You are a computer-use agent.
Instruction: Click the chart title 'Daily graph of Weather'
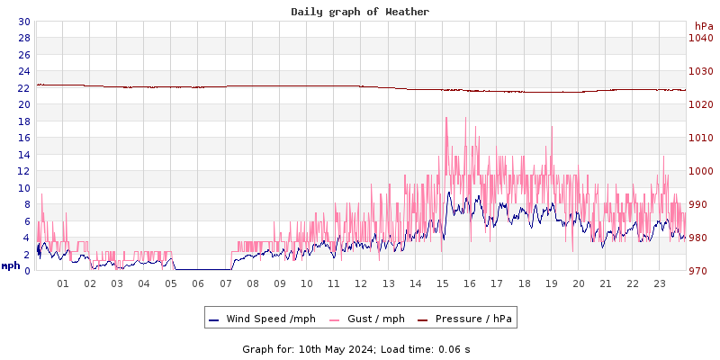click(359, 12)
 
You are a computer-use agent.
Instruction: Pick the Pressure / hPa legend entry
click(473, 319)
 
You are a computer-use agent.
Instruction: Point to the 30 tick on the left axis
click(23, 22)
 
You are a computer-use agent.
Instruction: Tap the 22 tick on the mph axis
click(23, 87)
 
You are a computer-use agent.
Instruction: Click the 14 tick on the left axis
click(23, 155)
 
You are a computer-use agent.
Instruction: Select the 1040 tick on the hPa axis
click(701, 38)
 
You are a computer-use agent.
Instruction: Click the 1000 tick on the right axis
click(701, 171)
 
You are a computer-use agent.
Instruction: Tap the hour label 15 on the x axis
click(442, 283)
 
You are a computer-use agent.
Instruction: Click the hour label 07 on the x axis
click(225, 283)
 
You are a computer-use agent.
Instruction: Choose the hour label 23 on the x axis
click(659, 283)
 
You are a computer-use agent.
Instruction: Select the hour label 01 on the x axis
click(63, 283)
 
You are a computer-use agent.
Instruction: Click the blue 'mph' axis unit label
click(11, 266)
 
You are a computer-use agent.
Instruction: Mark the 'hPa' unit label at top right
click(703, 26)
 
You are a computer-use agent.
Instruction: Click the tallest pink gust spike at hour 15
click(445, 118)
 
